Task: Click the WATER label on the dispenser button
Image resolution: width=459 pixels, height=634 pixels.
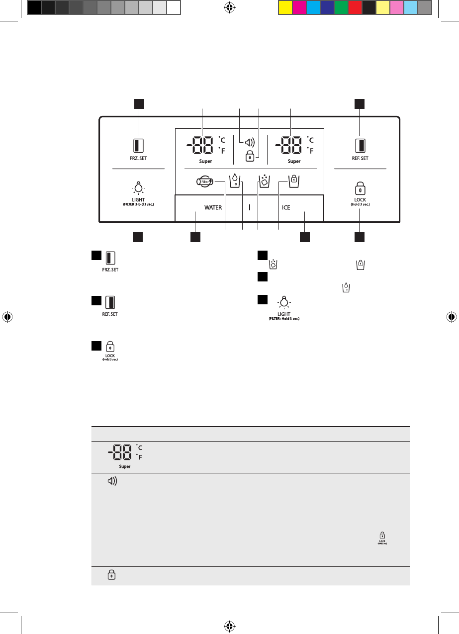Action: click(x=213, y=207)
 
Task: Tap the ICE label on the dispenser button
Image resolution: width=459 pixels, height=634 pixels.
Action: click(x=286, y=207)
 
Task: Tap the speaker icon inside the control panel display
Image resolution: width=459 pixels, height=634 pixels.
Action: click(x=247, y=142)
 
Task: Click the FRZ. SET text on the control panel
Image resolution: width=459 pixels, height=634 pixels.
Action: click(x=139, y=158)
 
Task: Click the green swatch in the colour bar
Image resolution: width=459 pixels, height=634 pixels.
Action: click(x=341, y=7)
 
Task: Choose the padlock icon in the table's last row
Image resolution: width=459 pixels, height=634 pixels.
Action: click(x=111, y=575)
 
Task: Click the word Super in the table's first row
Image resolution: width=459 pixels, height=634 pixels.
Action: click(x=124, y=466)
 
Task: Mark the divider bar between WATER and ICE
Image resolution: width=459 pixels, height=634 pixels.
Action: click(x=249, y=207)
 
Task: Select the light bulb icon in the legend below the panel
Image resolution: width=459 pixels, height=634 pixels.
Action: click(x=284, y=302)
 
